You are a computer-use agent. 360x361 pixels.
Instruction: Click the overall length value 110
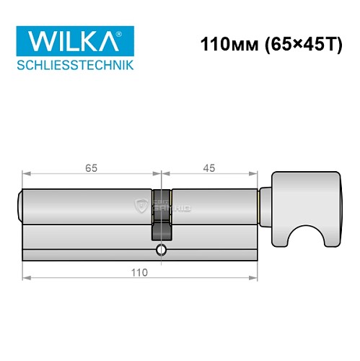139,272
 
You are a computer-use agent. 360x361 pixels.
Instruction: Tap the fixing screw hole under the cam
161,252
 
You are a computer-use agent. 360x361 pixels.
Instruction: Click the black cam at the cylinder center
162,214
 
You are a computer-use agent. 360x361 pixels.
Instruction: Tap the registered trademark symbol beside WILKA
130,31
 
